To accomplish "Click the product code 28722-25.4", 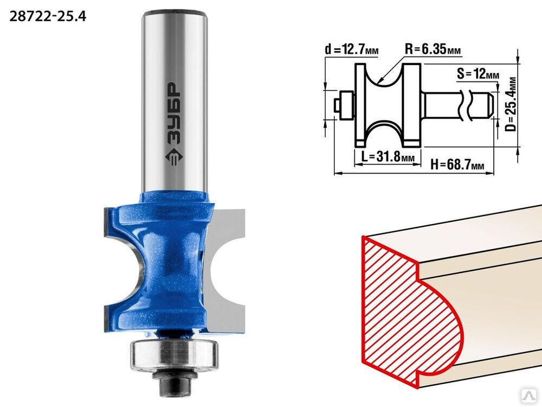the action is coord(48,16).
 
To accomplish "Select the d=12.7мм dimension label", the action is coord(352,50).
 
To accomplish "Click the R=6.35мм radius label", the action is coord(433,49).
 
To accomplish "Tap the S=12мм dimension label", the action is coord(478,74).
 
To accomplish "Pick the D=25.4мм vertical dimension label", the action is coord(511,104).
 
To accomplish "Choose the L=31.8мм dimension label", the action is coord(388,157).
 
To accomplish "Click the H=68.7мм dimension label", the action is coord(457,164).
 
